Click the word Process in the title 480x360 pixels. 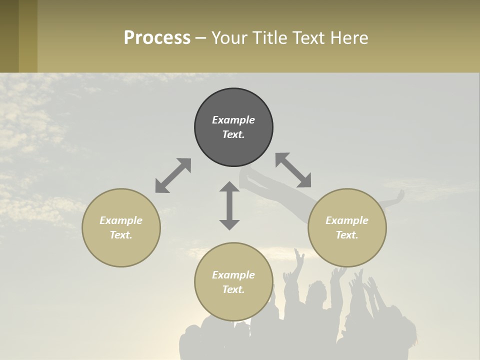[x=157, y=38]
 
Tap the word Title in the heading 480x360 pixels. [x=268, y=38]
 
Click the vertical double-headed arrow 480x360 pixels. [x=229, y=205]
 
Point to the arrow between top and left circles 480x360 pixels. [x=173, y=175]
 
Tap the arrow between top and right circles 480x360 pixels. [x=293, y=170]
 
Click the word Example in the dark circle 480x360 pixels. [x=233, y=120]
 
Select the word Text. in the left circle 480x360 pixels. [x=121, y=235]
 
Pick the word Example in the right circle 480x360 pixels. [x=347, y=220]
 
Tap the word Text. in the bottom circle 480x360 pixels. [x=233, y=289]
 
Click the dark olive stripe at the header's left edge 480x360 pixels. [x=9, y=36]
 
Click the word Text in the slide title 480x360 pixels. [x=308, y=38]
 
